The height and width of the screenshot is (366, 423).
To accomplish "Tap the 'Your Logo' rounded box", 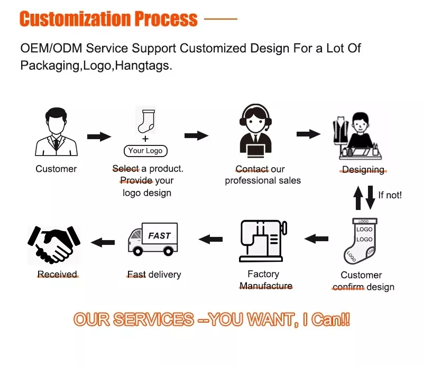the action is click(145, 151).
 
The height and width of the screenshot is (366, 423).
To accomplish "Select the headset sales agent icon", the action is click(255, 131).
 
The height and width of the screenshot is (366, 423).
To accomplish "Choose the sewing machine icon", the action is click(263, 241).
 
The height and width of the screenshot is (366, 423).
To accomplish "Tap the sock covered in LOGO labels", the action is click(361, 241).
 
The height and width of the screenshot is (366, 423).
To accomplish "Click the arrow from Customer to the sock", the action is click(99, 136).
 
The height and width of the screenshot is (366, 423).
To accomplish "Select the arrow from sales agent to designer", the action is click(308, 134).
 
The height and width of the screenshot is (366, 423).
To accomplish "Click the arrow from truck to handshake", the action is click(103, 242).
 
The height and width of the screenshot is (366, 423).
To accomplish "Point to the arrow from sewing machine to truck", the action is click(210, 239).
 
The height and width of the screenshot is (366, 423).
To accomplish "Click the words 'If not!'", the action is click(390, 195).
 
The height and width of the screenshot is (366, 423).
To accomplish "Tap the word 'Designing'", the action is click(363, 169).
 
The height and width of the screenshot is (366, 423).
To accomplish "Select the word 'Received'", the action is click(57, 274).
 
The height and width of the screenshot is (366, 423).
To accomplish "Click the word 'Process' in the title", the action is click(166, 19).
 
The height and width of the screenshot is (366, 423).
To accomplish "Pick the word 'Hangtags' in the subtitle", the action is click(142, 66).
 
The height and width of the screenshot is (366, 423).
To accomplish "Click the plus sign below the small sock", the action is click(145, 139).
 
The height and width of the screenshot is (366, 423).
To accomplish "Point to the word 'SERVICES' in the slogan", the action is click(153, 319).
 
